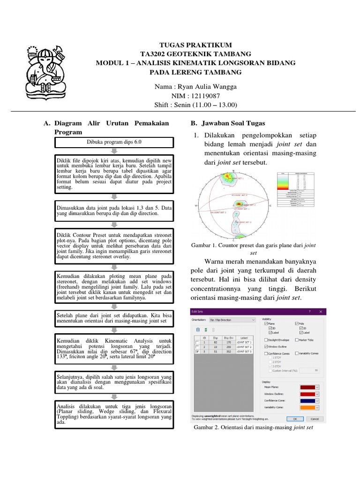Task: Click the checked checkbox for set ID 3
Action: (197, 351)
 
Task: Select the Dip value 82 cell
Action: (215, 343)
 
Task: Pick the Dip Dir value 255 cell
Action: (228, 347)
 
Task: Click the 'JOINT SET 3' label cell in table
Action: (244, 351)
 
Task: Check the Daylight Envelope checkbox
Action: (266, 340)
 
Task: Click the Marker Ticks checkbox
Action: (297, 340)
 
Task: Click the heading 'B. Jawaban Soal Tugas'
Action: (227, 123)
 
